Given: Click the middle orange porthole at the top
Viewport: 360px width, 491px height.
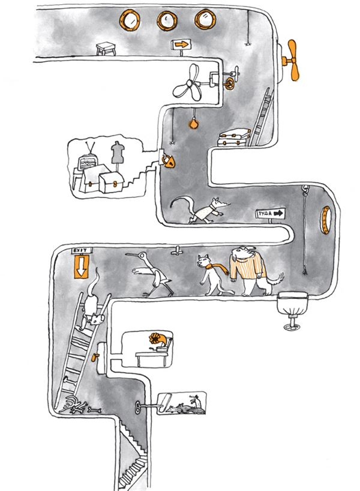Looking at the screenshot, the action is (x=167, y=20).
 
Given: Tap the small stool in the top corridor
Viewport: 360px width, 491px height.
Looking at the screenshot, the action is (x=106, y=49).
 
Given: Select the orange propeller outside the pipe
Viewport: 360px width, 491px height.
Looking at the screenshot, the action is (x=292, y=60).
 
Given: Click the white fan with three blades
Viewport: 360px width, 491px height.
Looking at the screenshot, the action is (x=188, y=83).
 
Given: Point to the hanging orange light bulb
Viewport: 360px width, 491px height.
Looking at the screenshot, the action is (x=194, y=122).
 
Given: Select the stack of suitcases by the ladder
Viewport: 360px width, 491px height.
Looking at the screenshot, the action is (x=234, y=138).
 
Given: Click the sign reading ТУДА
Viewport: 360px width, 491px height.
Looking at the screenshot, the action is (x=271, y=214).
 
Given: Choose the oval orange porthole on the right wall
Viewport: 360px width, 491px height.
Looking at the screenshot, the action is (x=325, y=220).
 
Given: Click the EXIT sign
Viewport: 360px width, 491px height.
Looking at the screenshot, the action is (x=82, y=250).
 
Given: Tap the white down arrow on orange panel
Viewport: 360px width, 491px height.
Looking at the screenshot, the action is (x=82, y=267).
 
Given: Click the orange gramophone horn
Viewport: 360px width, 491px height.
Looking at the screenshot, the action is (x=159, y=339).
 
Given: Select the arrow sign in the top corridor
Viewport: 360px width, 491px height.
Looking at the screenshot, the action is (x=181, y=44).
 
